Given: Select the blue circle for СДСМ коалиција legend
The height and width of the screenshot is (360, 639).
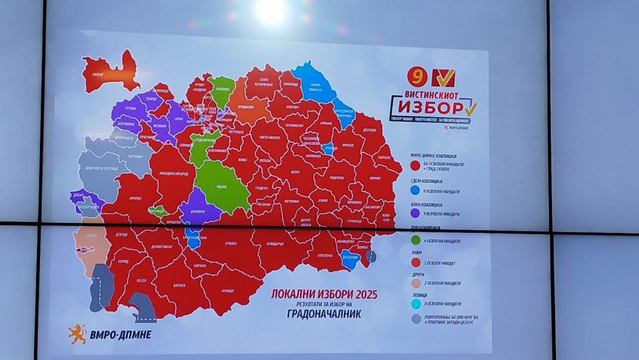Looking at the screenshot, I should (x=415, y=189).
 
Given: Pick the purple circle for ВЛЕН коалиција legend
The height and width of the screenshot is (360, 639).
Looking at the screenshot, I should (x=415, y=213).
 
